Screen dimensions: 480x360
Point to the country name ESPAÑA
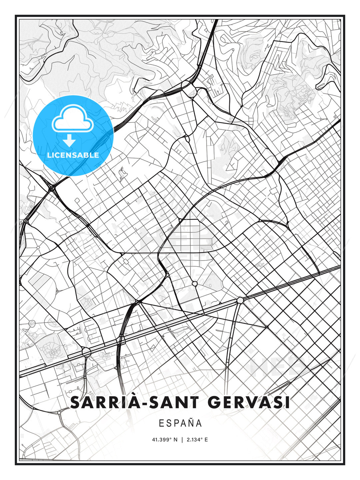click(180, 423)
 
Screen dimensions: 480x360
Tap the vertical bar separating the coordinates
click(182, 440)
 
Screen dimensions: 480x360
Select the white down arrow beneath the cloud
click(69, 141)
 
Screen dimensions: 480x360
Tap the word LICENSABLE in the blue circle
click(73, 155)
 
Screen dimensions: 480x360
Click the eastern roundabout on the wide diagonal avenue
click(240, 300)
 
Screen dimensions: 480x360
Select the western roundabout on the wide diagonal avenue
click(86, 352)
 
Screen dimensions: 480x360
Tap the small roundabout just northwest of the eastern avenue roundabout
click(195, 284)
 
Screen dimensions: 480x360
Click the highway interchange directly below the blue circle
click(52, 188)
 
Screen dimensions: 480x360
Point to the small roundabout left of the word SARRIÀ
click(59, 412)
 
